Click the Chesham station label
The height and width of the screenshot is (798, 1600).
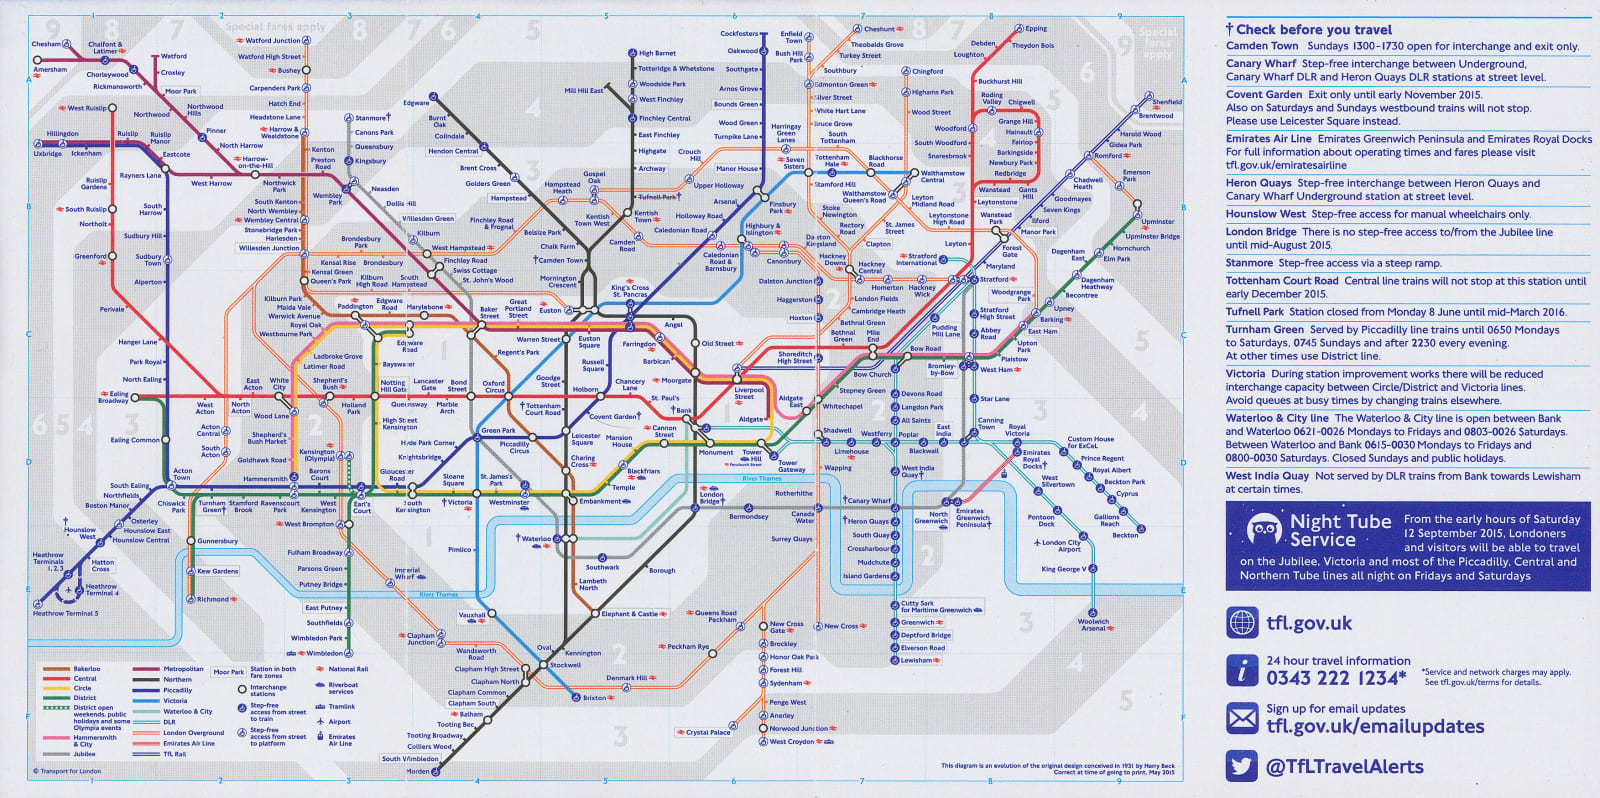46,44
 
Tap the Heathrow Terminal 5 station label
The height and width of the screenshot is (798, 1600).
66,613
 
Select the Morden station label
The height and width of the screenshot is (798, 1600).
418,771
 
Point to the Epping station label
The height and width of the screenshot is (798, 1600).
1036,29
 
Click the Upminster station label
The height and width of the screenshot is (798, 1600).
1158,222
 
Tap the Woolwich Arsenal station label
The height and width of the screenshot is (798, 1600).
1093,625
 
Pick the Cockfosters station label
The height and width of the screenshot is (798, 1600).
740,34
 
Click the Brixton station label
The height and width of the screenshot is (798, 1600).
594,698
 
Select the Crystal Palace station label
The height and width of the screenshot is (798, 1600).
708,732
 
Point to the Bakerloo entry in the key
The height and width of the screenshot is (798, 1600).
87,669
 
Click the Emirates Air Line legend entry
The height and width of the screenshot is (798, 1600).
189,743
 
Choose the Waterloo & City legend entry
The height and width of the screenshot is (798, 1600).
188,711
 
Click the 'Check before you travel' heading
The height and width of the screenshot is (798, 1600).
1313,30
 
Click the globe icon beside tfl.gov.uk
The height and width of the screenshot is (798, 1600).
1242,622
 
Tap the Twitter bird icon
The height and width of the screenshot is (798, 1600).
1242,766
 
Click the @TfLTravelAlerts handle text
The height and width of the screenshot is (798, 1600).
1344,767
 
